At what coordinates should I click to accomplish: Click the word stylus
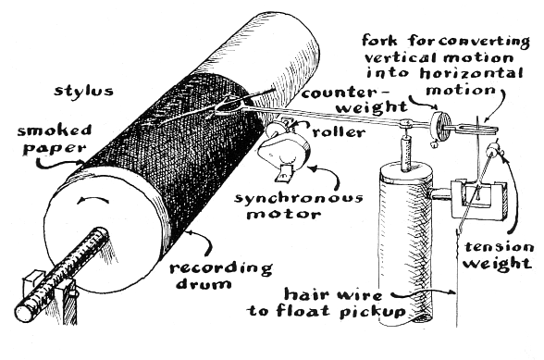point(83,91)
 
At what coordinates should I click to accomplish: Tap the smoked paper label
point(56,140)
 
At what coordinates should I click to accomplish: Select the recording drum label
point(220,276)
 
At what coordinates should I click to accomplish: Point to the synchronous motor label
point(298,205)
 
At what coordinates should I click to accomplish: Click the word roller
point(339,132)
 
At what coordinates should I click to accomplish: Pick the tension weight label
point(498,255)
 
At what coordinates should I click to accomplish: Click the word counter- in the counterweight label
point(345,93)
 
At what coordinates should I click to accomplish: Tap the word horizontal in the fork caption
point(471,73)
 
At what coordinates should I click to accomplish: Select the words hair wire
point(333,295)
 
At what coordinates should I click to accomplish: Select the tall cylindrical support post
point(405,243)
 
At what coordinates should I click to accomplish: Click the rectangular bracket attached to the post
point(478,199)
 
